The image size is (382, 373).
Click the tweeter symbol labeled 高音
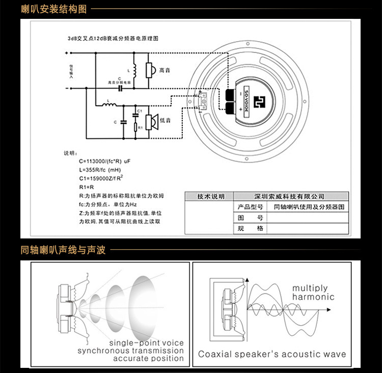coord(150,70)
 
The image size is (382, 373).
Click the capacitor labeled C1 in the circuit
coord(135,114)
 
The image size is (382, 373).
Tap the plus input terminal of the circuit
coord(67,52)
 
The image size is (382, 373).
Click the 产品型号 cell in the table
coord(250,207)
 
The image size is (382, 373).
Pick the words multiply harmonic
coord(314,292)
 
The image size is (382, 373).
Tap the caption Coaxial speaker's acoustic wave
coord(272,354)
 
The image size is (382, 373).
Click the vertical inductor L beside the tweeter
coord(134,70)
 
